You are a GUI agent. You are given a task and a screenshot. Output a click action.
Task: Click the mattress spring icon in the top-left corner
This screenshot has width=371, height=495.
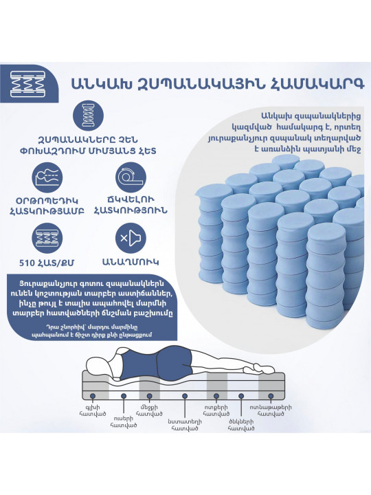[x=27, y=84]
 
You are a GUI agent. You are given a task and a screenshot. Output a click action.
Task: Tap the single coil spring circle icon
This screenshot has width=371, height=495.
[x=89, y=116]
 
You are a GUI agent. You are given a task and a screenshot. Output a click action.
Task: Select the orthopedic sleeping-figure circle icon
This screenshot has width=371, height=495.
[x=47, y=177]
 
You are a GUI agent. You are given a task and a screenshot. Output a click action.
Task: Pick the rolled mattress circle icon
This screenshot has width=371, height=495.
[x=131, y=177]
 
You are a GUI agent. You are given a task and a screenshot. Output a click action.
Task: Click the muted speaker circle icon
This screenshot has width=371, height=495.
[x=131, y=239]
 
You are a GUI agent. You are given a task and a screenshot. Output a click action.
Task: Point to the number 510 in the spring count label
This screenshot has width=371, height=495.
[x=27, y=263]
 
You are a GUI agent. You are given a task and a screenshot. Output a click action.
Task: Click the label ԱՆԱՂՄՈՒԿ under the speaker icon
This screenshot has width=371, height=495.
[x=131, y=262]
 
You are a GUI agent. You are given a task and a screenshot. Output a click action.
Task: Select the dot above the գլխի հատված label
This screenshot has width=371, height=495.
[x=93, y=396]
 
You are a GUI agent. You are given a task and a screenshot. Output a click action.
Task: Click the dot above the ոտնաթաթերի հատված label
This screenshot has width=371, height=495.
[x=271, y=396]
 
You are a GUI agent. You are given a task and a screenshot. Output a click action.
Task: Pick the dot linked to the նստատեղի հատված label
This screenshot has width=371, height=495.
[x=185, y=396]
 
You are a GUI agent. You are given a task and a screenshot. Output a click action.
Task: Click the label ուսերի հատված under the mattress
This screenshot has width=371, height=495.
[x=124, y=421]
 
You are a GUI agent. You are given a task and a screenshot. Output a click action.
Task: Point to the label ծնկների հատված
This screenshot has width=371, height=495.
[x=241, y=425]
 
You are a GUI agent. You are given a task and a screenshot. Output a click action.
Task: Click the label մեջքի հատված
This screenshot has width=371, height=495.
[x=149, y=410]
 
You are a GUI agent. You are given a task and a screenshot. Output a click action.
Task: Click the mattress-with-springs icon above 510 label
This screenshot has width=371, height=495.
[x=47, y=239]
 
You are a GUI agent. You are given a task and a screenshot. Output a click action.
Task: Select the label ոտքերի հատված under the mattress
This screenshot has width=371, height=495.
[x=216, y=410]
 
